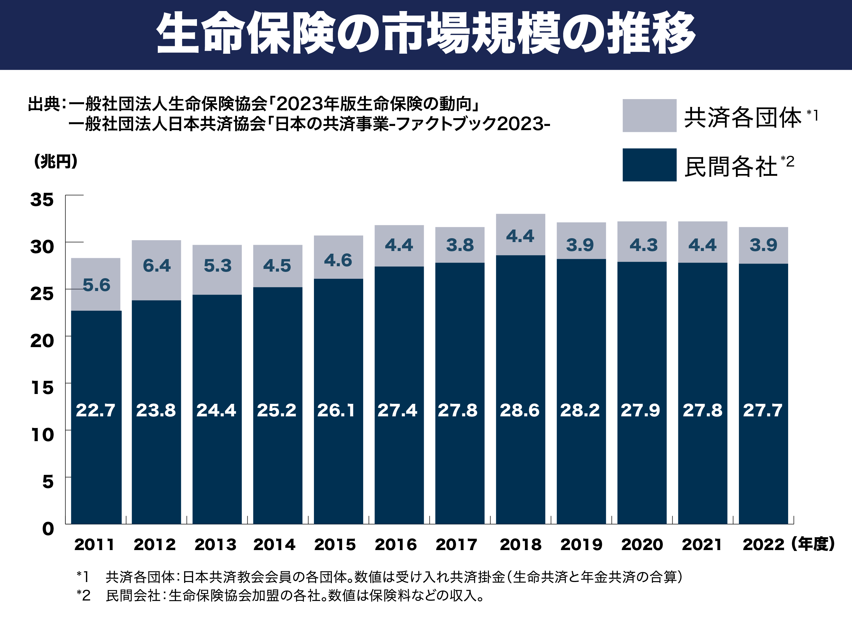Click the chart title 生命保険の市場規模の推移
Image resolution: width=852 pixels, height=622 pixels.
426,33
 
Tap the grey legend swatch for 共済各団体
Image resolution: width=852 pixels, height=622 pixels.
649,116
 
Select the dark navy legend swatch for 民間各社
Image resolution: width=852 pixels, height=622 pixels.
649,165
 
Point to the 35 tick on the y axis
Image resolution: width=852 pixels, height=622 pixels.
42,200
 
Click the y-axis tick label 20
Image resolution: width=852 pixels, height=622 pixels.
42,341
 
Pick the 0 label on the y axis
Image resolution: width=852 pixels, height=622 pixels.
48,529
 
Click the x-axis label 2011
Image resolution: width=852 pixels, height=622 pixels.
94,544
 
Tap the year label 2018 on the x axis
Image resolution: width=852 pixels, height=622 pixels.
520,544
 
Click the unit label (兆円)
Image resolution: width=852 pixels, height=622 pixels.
56,161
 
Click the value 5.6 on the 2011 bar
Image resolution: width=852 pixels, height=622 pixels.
96,285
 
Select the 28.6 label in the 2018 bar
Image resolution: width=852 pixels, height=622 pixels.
520,410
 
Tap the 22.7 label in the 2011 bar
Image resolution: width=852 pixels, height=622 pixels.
95,410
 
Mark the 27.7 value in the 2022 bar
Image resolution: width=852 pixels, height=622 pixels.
763,410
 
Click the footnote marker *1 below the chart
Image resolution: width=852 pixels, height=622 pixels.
83,576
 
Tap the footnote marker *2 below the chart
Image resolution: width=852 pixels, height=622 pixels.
83,595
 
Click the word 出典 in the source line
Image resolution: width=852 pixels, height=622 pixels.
44,104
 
